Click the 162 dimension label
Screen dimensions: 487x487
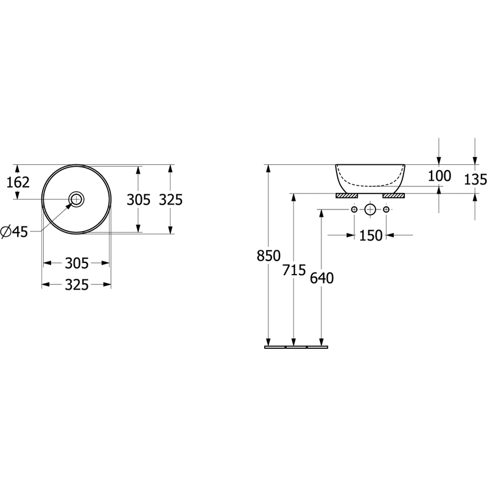[18, 182]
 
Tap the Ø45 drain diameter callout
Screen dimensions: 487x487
[14, 232]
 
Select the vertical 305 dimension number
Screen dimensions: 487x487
[139, 200]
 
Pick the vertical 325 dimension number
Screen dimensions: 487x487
[170, 200]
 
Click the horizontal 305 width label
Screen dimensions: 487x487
[77, 264]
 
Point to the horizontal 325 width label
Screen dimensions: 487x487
[77, 285]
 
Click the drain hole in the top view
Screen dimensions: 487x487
[77, 199]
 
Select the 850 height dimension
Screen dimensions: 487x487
[268, 256]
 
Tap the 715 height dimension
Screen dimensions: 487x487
[294, 270]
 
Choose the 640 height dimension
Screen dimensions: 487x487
[322, 278]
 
